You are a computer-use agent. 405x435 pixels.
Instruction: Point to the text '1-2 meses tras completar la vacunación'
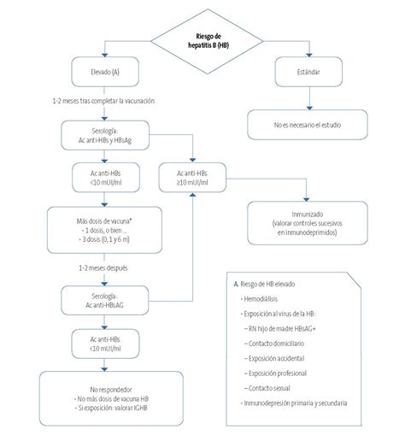103,102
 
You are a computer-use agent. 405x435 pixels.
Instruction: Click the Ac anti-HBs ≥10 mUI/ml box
195,176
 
